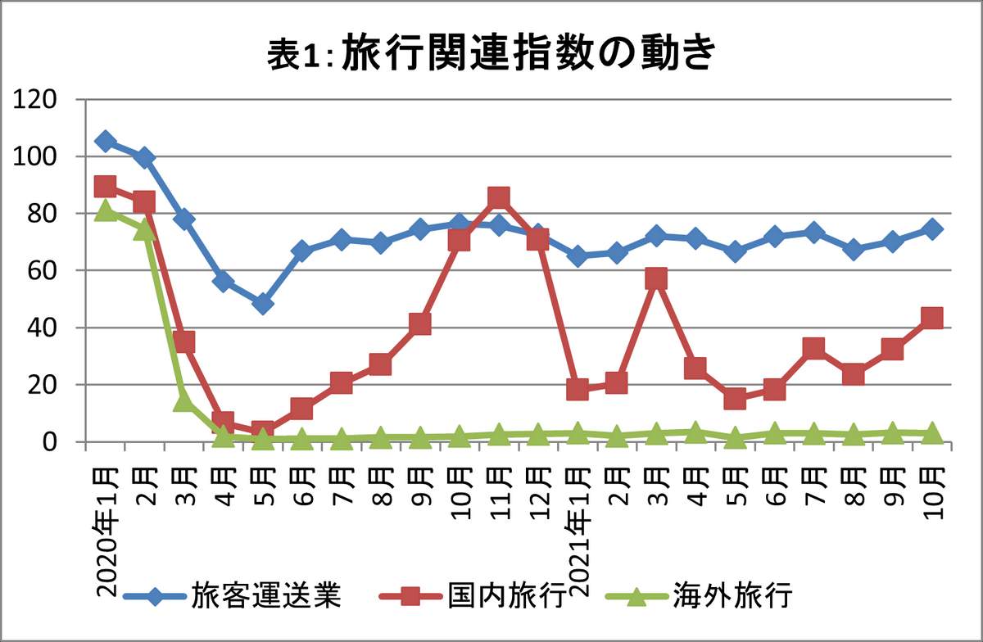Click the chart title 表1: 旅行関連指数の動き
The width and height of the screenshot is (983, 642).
click(x=491, y=56)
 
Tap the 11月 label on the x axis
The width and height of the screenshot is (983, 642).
click(x=500, y=491)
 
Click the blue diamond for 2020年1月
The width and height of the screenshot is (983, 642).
click(x=105, y=141)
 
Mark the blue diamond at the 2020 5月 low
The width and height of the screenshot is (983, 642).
click(x=262, y=304)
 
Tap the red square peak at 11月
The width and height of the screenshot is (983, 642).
click(x=499, y=197)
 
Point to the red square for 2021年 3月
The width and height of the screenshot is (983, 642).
click(x=656, y=279)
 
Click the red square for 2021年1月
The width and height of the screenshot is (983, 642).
click(x=578, y=389)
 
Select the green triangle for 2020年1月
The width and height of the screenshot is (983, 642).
click(x=105, y=210)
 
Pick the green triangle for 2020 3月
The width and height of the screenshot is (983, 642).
click(x=183, y=400)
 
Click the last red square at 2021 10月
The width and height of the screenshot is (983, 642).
click(x=931, y=318)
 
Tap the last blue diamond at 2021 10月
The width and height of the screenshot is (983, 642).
click(x=931, y=228)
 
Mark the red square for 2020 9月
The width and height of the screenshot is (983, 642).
click(x=420, y=324)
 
